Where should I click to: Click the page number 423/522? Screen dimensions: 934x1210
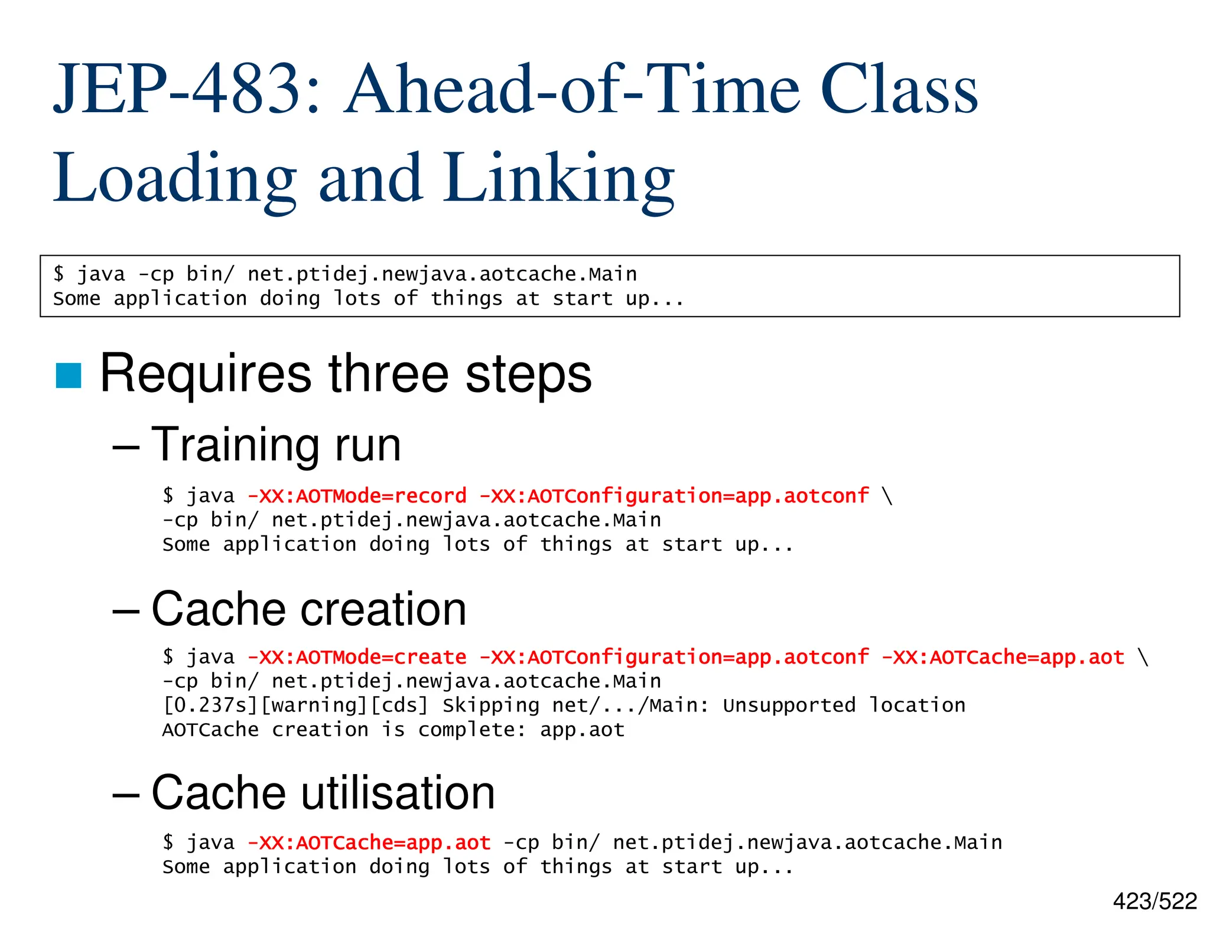[x=1154, y=902]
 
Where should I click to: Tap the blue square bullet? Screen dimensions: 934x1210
[x=69, y=375]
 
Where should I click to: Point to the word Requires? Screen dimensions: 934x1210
[x=206, y=374]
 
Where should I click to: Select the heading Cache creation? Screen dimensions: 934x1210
[x=308, y=609]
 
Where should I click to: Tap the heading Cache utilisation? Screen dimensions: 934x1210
[x=323, y=793]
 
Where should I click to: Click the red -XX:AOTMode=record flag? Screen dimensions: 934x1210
[x=357, y=496]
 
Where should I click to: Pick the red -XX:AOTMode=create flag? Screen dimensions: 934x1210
[x=357, y=657]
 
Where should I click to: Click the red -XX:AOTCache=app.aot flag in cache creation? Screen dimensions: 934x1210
[x=1002, y=657]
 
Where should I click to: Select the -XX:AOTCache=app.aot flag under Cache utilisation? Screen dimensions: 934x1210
[x=369, y=842]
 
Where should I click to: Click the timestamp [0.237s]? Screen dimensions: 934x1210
[x=211, y=706]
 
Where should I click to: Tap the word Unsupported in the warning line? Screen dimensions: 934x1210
[x=789, y=706]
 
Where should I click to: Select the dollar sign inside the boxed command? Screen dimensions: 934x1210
[x=58, y=274]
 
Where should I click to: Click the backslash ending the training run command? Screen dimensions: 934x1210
[x=887, y=496]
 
